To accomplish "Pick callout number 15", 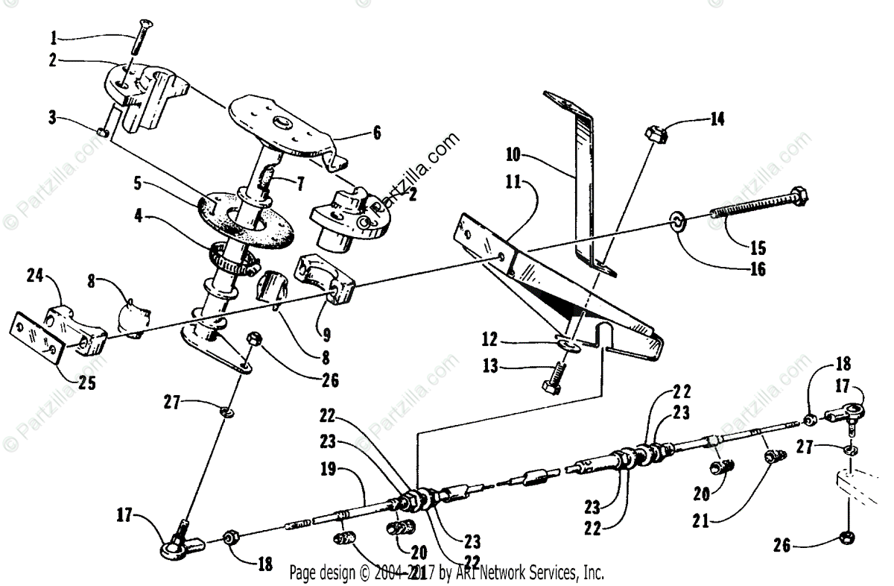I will click(758, 247).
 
